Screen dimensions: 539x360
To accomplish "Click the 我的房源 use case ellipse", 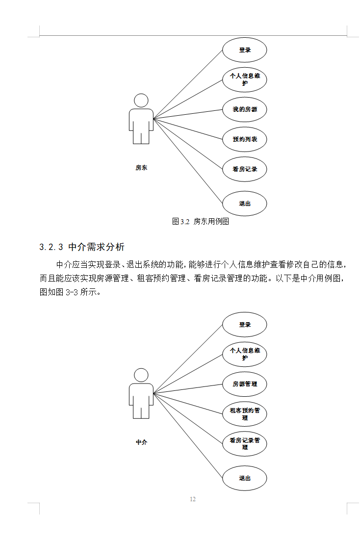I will (244, 109).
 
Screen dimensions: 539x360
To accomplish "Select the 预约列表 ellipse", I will (244, 139).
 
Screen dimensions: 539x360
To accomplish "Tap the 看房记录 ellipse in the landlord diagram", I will (244, 169).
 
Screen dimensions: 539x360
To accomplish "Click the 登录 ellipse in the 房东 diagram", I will (244, 50).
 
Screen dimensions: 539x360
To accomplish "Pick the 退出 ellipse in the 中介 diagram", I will (244, 478).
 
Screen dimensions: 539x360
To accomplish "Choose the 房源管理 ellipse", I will (244, 384).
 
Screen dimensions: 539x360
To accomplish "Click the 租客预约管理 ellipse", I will (244, 414).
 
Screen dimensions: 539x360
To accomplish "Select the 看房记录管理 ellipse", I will (244, 444).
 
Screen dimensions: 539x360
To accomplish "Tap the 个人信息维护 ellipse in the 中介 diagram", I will (244, 354).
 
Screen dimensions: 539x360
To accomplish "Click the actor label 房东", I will (141, 168).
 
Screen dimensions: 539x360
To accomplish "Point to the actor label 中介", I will (141, 442).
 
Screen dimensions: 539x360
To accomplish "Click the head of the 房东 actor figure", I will (141, 101).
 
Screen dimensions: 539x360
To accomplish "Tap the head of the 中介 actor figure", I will (141, 375).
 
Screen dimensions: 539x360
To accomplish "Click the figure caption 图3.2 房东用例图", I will (201, 222).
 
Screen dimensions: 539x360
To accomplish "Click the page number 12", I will (192, 499).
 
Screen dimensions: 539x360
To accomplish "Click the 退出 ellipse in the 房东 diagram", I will (244, 204).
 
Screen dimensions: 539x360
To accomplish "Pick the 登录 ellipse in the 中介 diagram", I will (244, 325).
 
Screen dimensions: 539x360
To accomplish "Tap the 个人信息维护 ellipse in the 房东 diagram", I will (244, 79).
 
